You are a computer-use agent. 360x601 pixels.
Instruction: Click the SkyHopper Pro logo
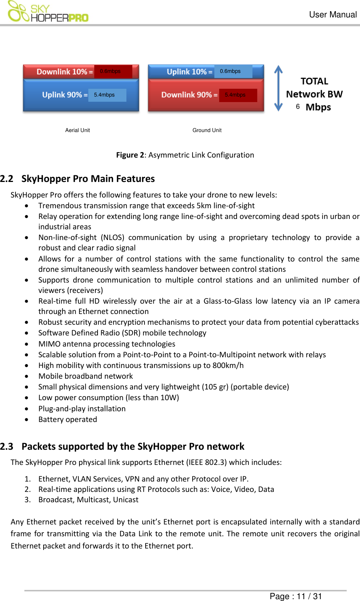pyautogui.click(x=48, y=12)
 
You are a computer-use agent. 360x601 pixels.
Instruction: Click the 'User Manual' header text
pyautogui.click(x=333, y=15)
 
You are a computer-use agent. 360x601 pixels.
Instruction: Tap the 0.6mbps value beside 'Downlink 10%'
pyautogui.click(x=111, y=71)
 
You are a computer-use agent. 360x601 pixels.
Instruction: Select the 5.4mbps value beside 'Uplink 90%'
pyautogui.click(x=105, y=95)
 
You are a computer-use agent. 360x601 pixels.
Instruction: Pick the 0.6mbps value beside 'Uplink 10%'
pyautogui.click(x=230, y=71)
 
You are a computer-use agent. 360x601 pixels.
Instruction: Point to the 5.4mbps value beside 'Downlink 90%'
pyautogui.click(x=235, y=95)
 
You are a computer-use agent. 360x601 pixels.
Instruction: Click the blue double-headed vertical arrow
pyautogui.click(x=278, y=88)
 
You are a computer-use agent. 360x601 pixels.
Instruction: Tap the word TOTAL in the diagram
pyautogui.click(x=315, y=81)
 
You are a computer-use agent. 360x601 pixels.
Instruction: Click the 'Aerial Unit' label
pyautogui.click(x=78, y=130)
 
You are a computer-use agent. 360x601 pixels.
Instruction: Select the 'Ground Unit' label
pyautogui.click(x=207, y=130)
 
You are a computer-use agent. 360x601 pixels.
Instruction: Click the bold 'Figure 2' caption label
pyautogui.click(x=130, y=155)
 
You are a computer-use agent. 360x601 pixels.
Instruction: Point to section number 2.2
pyautogui.click(x=7, y=179)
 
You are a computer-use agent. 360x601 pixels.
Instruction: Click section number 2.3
pyautogui.click(x=7, y=447)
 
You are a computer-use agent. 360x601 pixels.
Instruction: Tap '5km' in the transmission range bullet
pyautogui.click(x=204, y=206)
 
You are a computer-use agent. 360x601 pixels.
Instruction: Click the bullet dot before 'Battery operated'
pyautogui.click(x=27, y=420)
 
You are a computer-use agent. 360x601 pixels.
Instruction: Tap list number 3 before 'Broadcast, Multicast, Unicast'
pyautogui.click(x=28, y=500)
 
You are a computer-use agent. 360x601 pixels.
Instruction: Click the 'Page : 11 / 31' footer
pyautogui.click(x=296, y=596)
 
